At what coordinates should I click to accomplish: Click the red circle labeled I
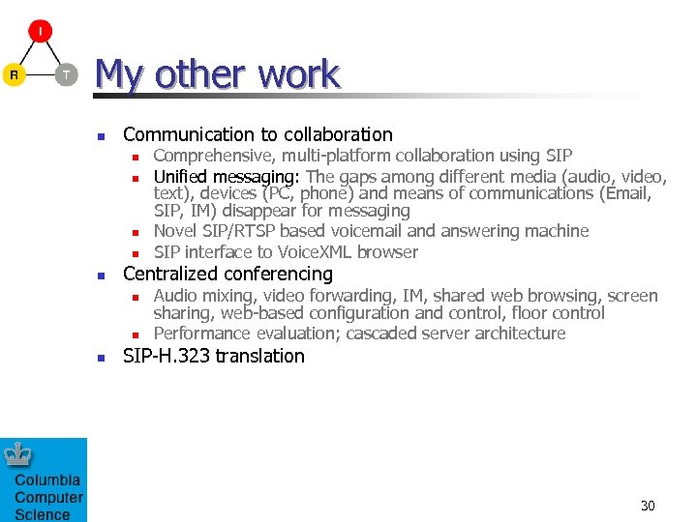coord(41,31)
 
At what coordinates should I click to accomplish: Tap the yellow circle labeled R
coord(14,74)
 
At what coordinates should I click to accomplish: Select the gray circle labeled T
coord(66,74)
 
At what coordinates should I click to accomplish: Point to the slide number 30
coord(648,506)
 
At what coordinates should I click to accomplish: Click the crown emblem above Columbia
coord(18,455)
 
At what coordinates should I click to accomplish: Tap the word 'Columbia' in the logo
coord(47,480)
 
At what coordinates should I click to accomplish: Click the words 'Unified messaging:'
coord(227,177)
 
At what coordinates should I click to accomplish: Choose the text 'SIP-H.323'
coord(167,356)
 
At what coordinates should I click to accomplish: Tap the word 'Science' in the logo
coord(43,514)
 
